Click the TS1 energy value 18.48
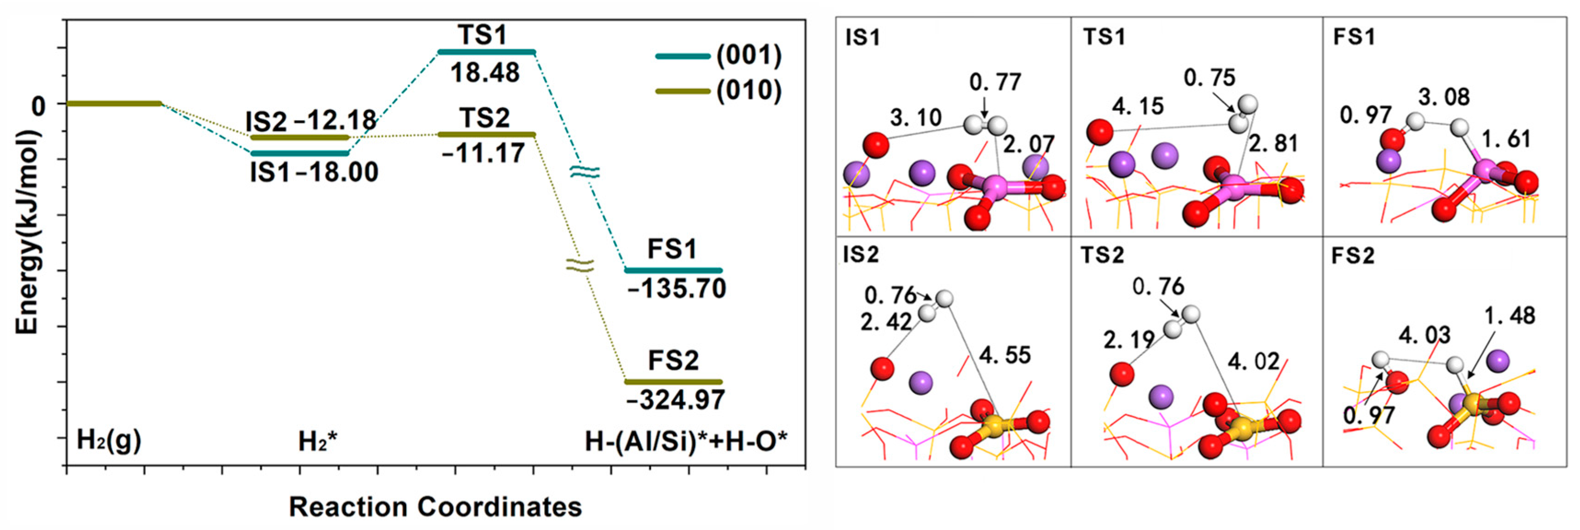[x=484, y=73]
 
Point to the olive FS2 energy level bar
[x=673, y=381]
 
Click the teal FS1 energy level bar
[x=673, y=270]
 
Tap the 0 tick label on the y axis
[x=38, y=106]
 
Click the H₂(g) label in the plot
[x=109, y=440]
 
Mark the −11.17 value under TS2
[x=483, y=153]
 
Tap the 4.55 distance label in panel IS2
[x=1005, y=355]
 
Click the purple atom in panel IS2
[x=920, y=383]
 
